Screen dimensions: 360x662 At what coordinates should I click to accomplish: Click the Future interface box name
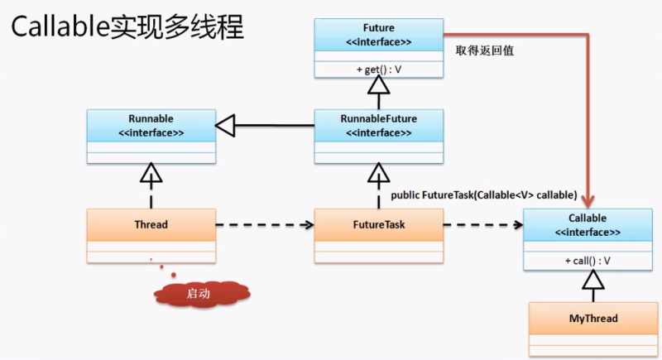pos(378,27)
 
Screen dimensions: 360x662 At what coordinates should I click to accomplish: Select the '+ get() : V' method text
pos(378,69)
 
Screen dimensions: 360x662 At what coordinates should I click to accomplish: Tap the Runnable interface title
pos(151,119)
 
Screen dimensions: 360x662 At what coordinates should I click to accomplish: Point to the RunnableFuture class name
pos(378,119)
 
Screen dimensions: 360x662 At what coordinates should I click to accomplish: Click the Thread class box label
pos(151,224)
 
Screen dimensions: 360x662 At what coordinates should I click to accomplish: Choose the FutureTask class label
pos(378,224)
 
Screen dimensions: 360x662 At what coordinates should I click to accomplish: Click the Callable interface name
pos(587,218)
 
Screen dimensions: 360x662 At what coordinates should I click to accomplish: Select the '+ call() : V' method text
pos(587,261)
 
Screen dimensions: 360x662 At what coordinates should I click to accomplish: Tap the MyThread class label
pos(592,319)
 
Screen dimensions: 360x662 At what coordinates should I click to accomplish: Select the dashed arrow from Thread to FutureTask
pos(265,224)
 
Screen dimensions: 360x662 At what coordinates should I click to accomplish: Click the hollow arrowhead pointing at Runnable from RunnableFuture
pos(226,125)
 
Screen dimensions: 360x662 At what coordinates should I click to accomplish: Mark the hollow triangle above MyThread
pos(592,284)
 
